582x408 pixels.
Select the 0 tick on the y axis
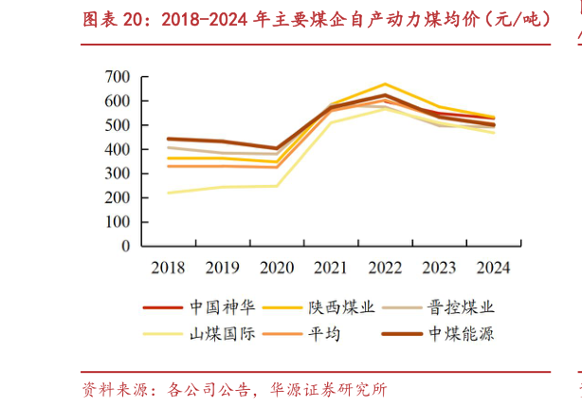125,247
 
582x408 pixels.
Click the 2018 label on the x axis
168,268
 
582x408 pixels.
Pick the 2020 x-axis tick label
276,268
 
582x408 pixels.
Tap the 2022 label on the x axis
384,268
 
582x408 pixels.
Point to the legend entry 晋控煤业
461,307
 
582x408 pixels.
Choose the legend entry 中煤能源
461,334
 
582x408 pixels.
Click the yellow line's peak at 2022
384,83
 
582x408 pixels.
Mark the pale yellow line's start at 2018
168,193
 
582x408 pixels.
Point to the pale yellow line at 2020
276,185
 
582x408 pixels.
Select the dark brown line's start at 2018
168,139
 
